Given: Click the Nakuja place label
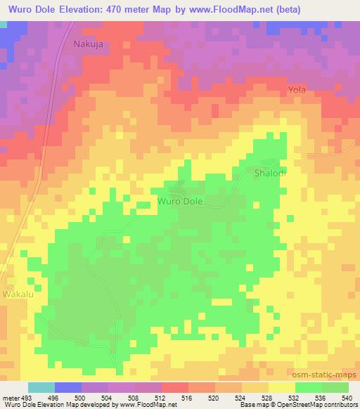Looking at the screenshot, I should pyautogui.click(x=90, y=44).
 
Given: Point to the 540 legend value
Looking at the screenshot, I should pyautogui.click(x=347, y=397).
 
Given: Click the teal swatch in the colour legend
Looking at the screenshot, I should pyautogui.click(x=41, y=387).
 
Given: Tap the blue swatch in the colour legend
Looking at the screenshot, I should pyautogui.click(x=68, y=387).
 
